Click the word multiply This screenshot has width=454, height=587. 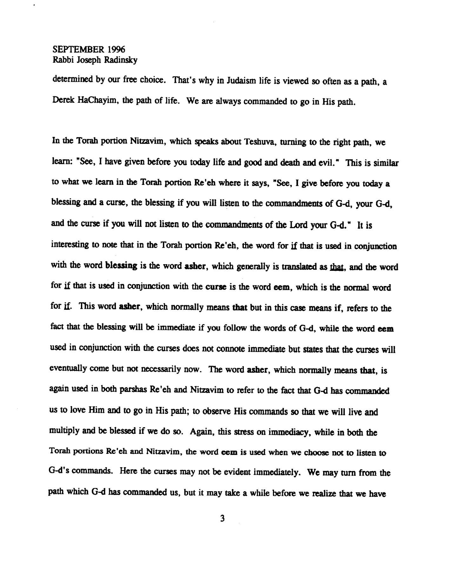click(x=65, y=432)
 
